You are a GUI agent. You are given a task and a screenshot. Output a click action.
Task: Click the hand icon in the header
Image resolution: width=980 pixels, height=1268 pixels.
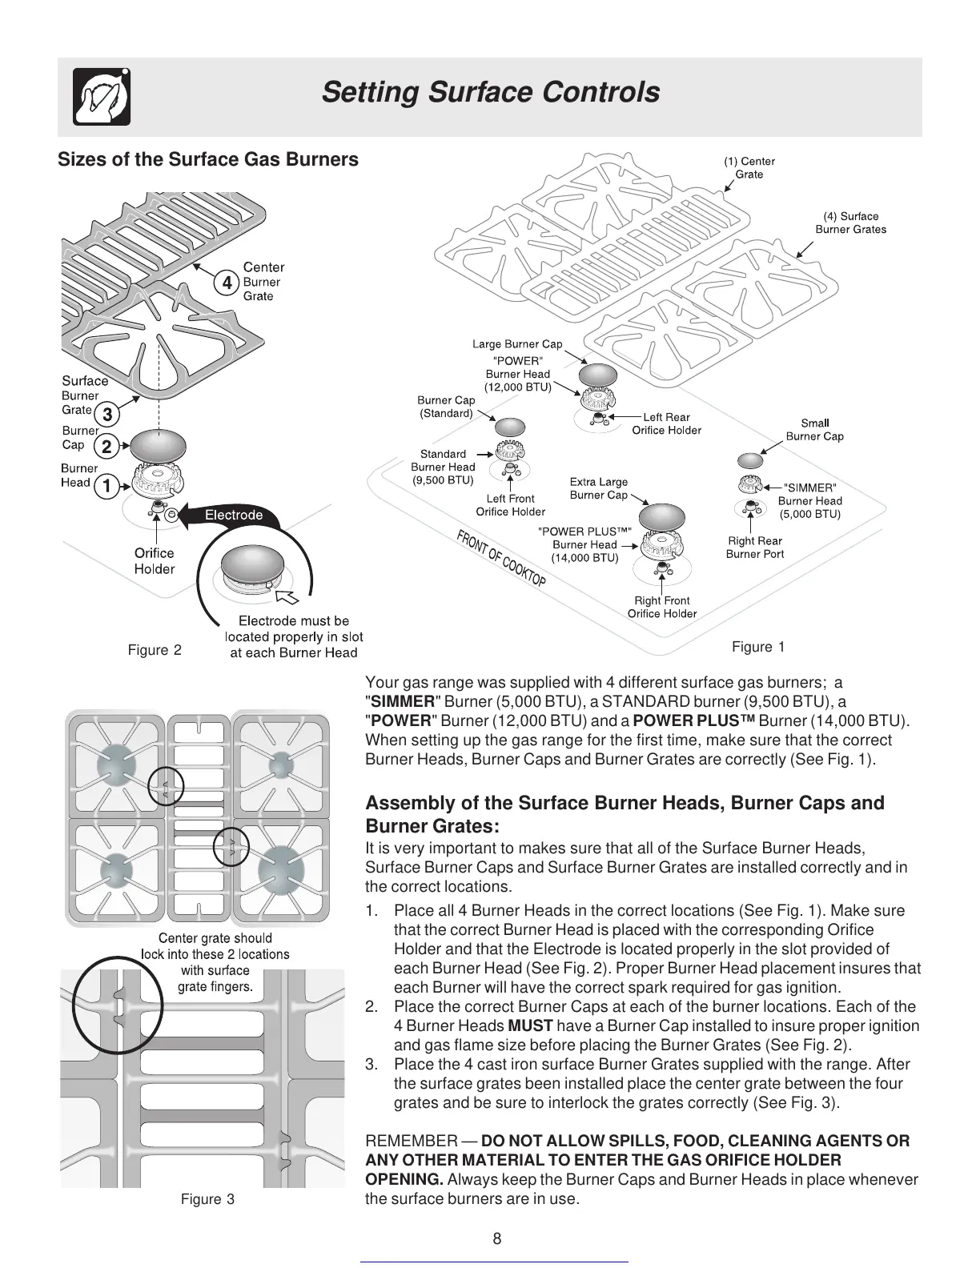click(102, 96)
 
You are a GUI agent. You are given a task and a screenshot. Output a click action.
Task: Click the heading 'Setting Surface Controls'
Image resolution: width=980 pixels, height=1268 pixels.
click(490, 93)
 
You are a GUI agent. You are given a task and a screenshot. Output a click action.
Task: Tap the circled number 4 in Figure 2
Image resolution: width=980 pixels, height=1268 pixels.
click(227, 283)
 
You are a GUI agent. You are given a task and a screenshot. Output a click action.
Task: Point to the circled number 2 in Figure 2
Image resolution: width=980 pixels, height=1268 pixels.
click(106, 447)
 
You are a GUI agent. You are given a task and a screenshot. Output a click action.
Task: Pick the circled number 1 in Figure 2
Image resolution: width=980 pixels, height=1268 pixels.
click(106, 484)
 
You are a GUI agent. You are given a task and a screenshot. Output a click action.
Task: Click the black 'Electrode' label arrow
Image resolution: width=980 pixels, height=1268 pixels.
click(229, 516)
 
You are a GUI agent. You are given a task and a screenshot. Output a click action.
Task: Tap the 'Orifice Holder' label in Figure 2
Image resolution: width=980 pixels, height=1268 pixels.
click(154, 561)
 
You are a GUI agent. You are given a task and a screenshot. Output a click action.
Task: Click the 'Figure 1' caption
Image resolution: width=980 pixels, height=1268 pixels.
click(757, 647)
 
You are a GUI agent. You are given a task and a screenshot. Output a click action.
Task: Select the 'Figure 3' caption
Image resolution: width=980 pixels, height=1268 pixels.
click(207, 1199)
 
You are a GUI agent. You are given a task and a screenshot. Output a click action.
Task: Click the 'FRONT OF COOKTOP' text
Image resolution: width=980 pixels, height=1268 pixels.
click(501, 558)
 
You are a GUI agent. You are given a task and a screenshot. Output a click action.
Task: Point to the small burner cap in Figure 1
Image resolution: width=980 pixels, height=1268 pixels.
click(750, 460)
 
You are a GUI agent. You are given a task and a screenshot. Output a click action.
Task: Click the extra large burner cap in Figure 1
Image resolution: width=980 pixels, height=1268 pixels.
click(662, 518)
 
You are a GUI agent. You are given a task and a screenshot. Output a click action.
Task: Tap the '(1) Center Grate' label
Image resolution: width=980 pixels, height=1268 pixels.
click(749, 167)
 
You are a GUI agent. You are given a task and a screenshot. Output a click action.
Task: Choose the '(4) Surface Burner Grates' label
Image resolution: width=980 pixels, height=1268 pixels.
click(850, 223)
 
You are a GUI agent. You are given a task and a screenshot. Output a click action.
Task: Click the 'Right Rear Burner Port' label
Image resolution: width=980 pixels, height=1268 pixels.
click(754, 548)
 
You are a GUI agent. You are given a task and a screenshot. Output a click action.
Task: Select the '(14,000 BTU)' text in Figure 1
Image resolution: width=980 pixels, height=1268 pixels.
click(584, 558)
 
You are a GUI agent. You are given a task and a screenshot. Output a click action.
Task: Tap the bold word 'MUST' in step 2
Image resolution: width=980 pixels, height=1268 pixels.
click(530, 1026)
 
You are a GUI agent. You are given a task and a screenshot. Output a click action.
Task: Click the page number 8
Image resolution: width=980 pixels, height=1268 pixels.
click(497, 1239)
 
